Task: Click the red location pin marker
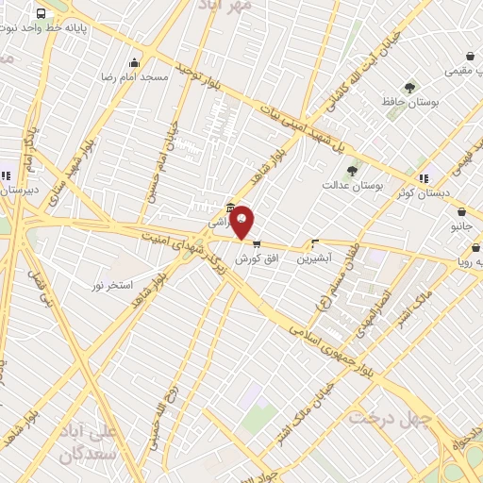(x=242, y=222)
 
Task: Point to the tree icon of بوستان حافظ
(x=408, y=87)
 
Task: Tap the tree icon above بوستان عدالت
(x=352, y=171)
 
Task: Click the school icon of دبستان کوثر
(x=424, y=177)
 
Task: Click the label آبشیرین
(x=315, y=258)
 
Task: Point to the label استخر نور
(x=112, y=284)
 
